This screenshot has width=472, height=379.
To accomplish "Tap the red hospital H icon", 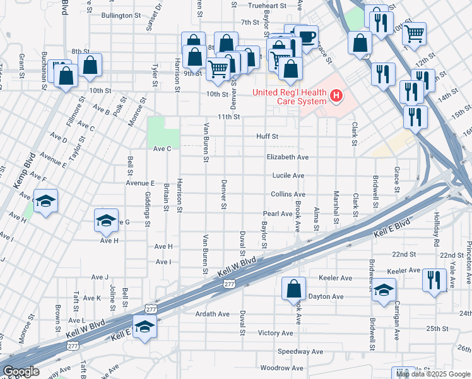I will [x=337, y=97].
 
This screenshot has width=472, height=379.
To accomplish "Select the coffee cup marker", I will [x=306, y=37].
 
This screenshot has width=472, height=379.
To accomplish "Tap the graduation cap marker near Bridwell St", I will [x=383, y=290].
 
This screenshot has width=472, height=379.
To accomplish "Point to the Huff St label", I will [x=267, y=136].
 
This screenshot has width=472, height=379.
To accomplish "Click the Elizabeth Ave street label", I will [x=287, y=157].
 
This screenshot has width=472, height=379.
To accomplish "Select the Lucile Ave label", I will [x=288, y=176].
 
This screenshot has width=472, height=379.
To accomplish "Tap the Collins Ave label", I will [x=288, y=195].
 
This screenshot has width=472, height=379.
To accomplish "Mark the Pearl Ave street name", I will [x=278, y=214].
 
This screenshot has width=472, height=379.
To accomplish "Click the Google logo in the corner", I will [x=21, y=371].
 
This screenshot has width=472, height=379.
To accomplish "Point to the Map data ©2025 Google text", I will [x=433, y=374].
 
